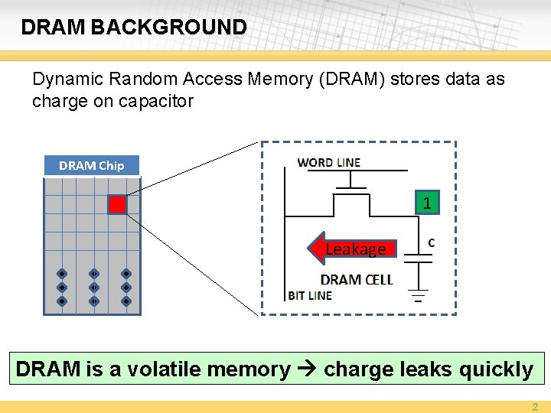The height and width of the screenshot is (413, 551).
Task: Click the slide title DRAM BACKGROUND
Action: pyautogui.click(x=134, y=28)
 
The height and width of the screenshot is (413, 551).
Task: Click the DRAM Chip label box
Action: pyautogui.click(x=91, y=165)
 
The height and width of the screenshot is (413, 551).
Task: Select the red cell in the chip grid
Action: pyautogui.click(x=116, y=204)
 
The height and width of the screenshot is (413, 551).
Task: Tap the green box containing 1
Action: pyautogui.click(x=427, y=203)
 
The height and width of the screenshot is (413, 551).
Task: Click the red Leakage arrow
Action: pyautogui.click(x=353, y=249)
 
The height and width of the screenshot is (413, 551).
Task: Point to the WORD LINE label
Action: pyautogui.click(x=328, y=162)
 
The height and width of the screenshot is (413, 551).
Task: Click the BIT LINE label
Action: pyautogui.click(x=310, y=295)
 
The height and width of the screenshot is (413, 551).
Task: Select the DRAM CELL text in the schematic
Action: pyautogui.click(x=356, y=280)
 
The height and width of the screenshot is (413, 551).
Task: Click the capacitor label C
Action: pyautogui.click(x=432, y=242)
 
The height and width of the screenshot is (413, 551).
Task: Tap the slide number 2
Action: pyautogui.click(x=536, y=407)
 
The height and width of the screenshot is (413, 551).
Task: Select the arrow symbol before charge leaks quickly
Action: pyautogui.click(x=307, y=369)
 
